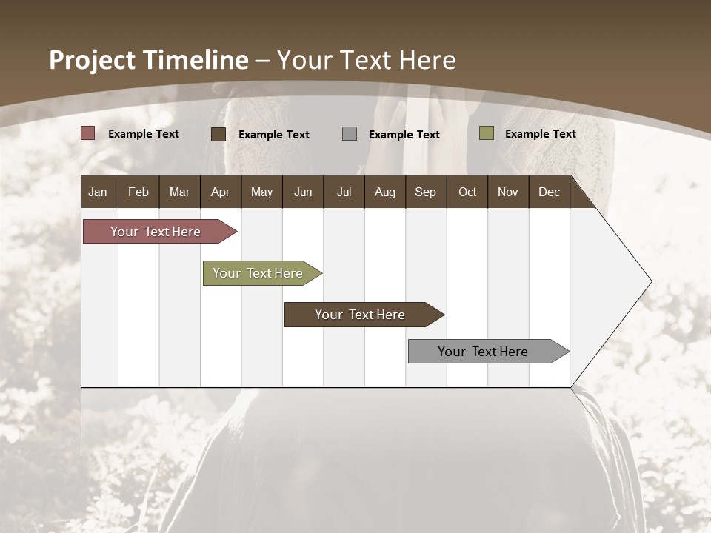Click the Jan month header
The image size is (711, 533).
[x=98, y=192]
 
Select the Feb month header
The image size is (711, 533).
[x=138, y=192]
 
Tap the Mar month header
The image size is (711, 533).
[x=179, y=192]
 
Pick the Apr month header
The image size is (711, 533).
[x=220, y=192]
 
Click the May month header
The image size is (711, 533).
[x=261, y=192]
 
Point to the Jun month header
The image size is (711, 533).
[x=303, y=192]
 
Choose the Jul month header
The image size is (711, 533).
[x=344, y=192]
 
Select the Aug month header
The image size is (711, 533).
[x=384, y=192]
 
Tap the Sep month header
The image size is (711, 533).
[x=425, y=192]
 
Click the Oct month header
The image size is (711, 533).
[x=467, y=192]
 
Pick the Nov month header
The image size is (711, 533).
[x=508, y=192]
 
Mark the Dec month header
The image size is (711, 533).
[x=549, y=192]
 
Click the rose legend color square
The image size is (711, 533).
[x=87, y=133]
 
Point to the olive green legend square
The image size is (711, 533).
[x=487, y=133]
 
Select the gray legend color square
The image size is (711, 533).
[x=350, y=133]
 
